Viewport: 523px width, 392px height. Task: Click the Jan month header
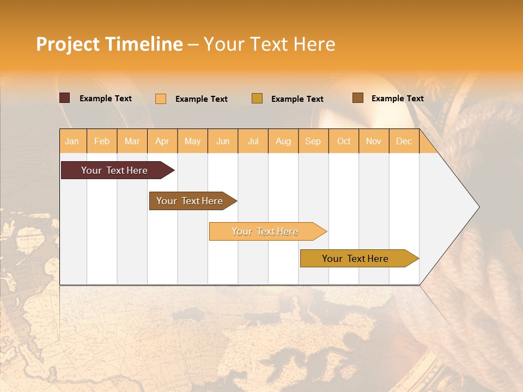click(x=72, y=141)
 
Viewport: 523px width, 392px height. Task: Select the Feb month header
click(x=102, y=141)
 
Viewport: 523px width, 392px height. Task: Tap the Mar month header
click(x=132, y=141)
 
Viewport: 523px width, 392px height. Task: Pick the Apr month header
click(x=162, y=141)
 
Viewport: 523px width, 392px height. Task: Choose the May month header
click(x=192, y=141)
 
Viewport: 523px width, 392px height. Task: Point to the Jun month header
click(x=223, y=141)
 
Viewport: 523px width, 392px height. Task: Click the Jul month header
click(x=253, y=141)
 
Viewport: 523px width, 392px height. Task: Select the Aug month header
click(x=283, y=141)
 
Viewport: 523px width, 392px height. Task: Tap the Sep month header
click(x=313, y=141)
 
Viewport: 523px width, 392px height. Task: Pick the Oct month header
click(x=344, y=141)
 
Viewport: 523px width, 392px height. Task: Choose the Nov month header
click(x=374, y=141)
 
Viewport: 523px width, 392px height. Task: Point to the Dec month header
click(x=404, y=141)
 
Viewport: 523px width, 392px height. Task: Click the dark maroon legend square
click(x=65, y=98)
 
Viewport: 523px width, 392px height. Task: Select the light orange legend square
click(x=161, y=99)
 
